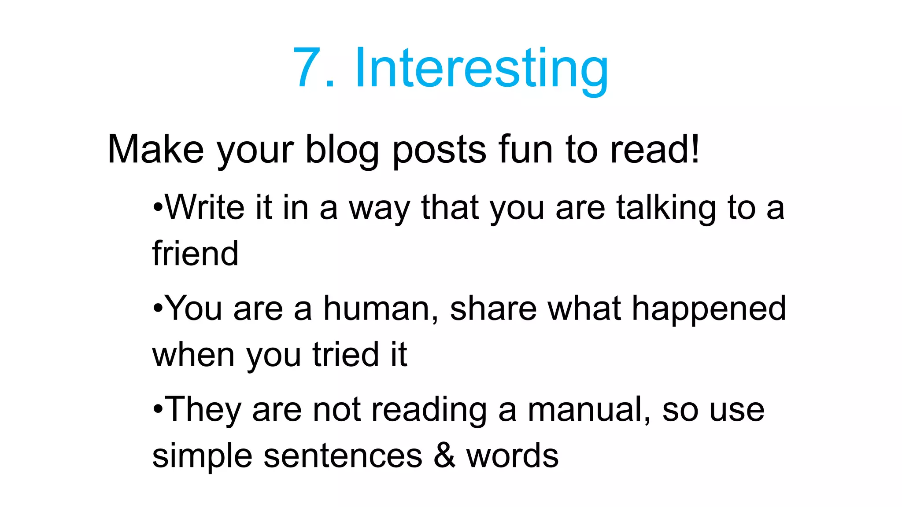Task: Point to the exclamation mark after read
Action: pyautogui.click(x=695, y=148)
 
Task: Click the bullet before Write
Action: pyautogui.click(x=158, y=207)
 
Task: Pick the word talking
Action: pyautogui.click(x=666, y=208)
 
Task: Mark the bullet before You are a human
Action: pyautogui.click(x=158, y=309)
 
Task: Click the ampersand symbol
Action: pyautogui.click(x=444, y=456)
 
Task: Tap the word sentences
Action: pyautogui.click(x=343, y=456)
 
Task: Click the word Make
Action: pyautogui.click(x=155, y=150)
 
